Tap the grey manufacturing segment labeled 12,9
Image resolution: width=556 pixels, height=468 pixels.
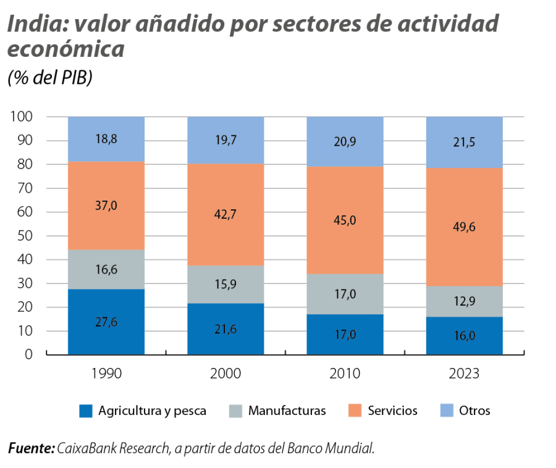(464, 301)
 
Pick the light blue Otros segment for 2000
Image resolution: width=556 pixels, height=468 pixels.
(225, 140)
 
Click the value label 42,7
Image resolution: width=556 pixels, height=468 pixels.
(225, 214)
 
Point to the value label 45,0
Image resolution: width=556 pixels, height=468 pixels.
(345, 220)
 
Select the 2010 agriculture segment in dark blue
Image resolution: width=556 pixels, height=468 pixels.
(345, 334)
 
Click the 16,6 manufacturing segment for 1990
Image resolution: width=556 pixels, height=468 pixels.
(106, 269)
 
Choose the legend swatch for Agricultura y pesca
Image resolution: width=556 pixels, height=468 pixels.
(86, 411)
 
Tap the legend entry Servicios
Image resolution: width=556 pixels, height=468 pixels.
(392, 411)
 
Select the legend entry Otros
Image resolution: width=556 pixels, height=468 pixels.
(474, 411)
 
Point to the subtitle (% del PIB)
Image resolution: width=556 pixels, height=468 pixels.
(49, 79)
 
